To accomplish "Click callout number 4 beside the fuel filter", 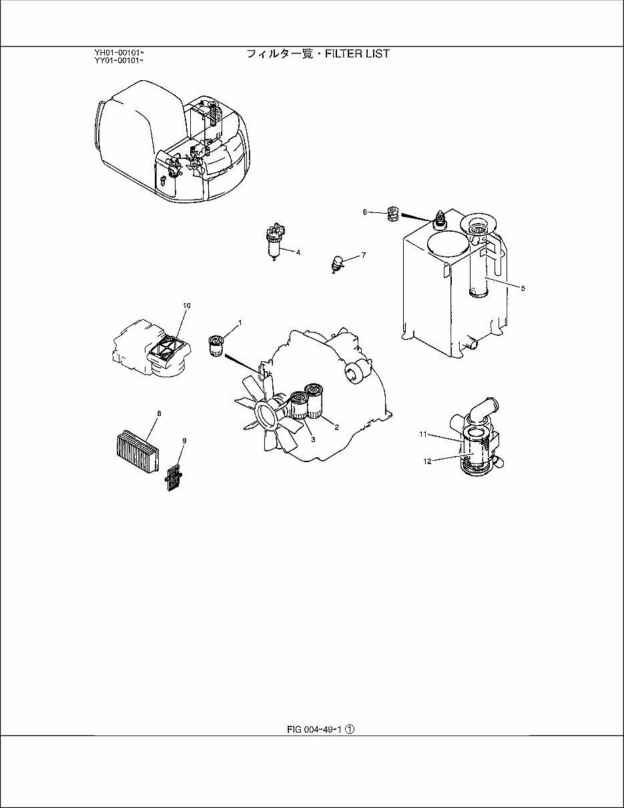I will [298, 252].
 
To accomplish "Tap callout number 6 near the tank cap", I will [365, 212].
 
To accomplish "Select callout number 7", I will [364, 255].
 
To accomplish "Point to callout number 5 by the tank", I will [523, 288].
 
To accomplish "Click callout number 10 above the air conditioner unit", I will [186, 305].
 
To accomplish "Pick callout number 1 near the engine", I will [240, 323].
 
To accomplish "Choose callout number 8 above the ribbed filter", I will [159, 413].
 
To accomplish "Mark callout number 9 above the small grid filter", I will [184, 441].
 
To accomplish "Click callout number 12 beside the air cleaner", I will [427, 460].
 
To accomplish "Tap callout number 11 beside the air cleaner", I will [423, 434].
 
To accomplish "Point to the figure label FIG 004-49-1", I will [314, 730].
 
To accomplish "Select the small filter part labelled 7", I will [338, 264].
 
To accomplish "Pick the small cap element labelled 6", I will [394, 214].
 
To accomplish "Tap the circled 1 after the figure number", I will [349, 730].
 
